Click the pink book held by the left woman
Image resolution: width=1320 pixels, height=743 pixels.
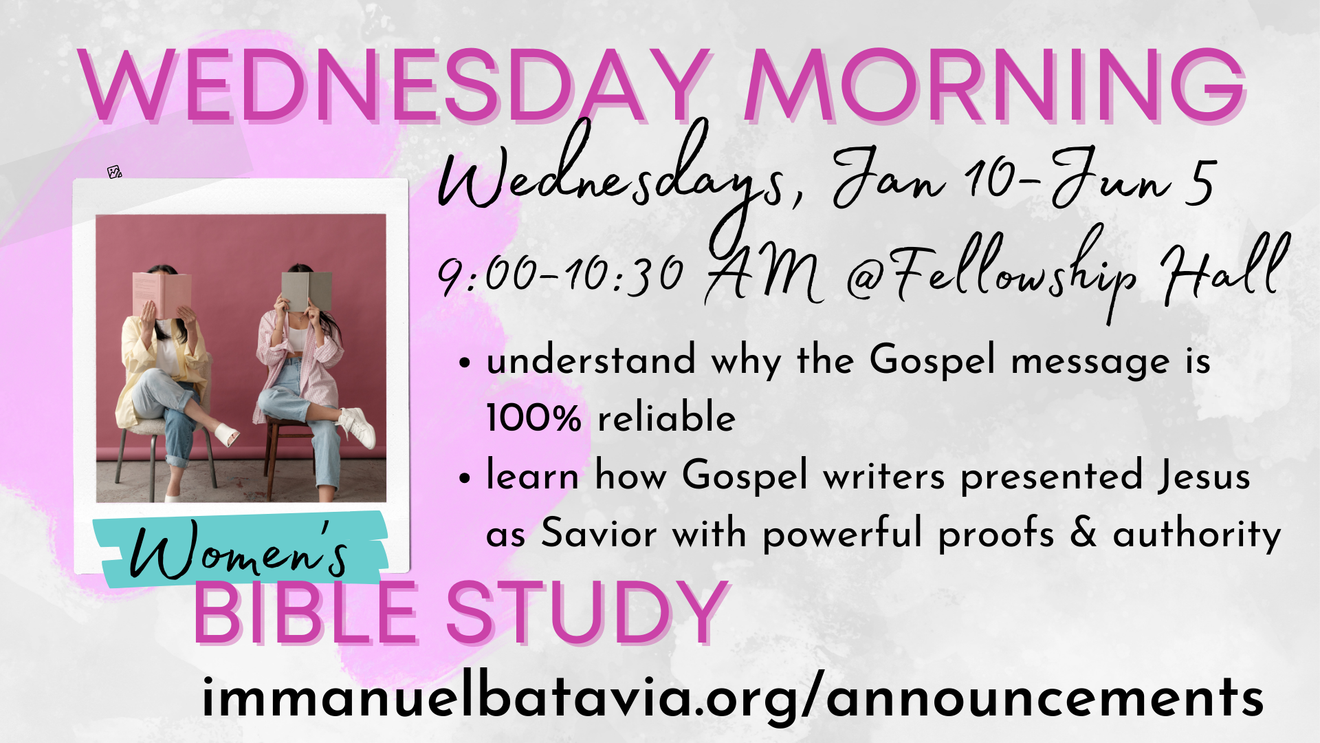click(x=162, y=294)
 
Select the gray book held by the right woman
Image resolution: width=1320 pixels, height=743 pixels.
click(x=306, y=290)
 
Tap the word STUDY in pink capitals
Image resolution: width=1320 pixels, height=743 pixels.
click(x=586, y=612)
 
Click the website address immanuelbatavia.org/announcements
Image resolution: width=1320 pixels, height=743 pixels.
click(x=732, y=698)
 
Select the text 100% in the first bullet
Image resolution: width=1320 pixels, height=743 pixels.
click(x=533, y=418)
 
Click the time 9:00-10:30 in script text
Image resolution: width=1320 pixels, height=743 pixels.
click(x=560, y=273)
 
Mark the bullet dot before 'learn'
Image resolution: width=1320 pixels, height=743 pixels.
click(x=466, y=477)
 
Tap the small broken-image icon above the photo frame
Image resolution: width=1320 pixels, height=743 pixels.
click(x=115, y=172)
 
